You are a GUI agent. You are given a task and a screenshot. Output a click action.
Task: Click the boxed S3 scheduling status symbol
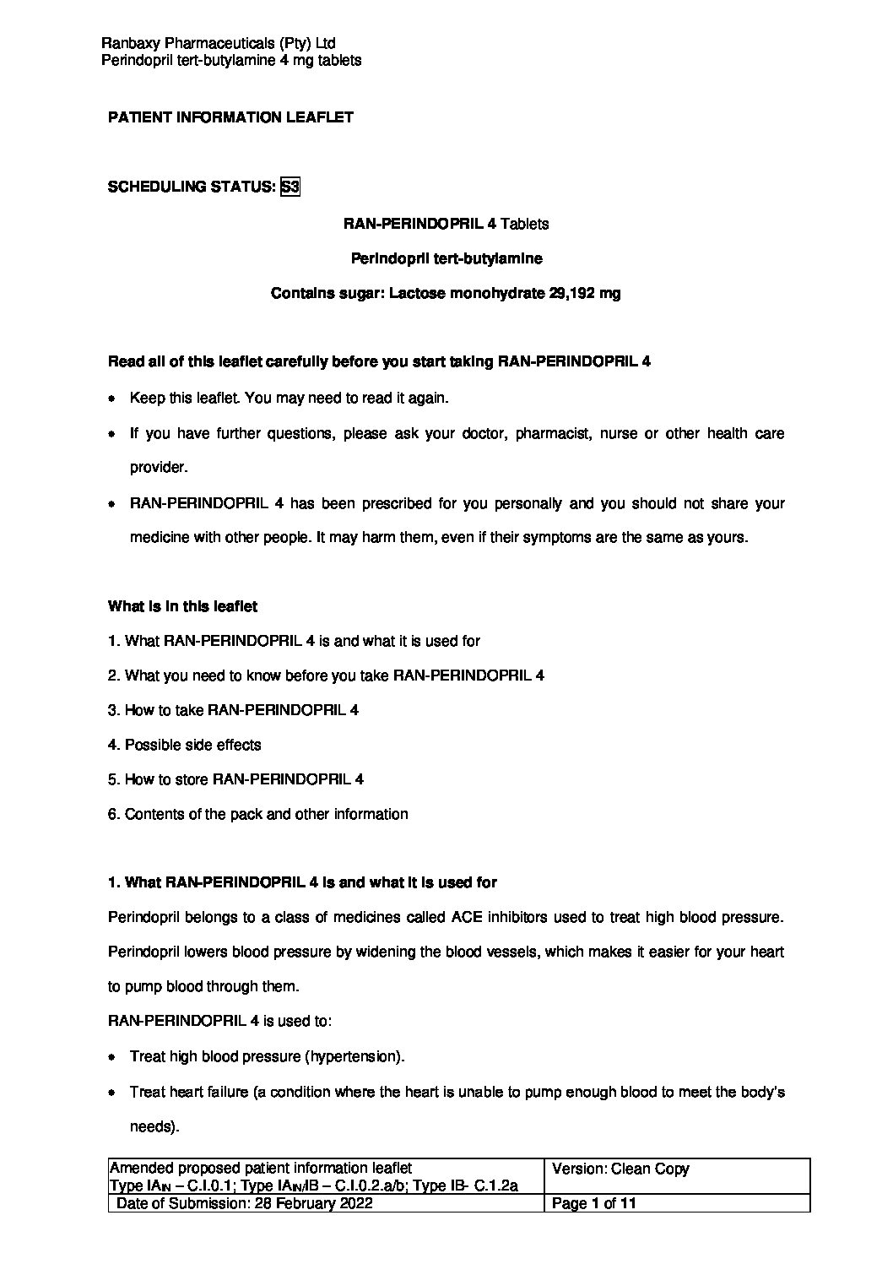290,187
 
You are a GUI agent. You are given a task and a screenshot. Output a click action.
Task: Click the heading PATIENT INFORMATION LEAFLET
230,118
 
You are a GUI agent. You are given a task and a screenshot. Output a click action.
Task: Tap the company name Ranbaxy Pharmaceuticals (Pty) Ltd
219,43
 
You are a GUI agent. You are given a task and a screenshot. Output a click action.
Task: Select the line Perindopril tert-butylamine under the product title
446,259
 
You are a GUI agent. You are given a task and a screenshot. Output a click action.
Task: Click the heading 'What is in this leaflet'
182,606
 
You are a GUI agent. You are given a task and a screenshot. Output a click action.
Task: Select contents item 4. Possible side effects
185,745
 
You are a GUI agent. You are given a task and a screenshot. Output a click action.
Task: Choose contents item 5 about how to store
235,779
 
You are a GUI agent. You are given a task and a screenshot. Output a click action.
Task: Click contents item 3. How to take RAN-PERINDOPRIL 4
233,710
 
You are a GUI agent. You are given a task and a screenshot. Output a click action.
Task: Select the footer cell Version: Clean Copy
620,1169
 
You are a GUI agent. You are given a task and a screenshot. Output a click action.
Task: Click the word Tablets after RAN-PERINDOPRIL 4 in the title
524,224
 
